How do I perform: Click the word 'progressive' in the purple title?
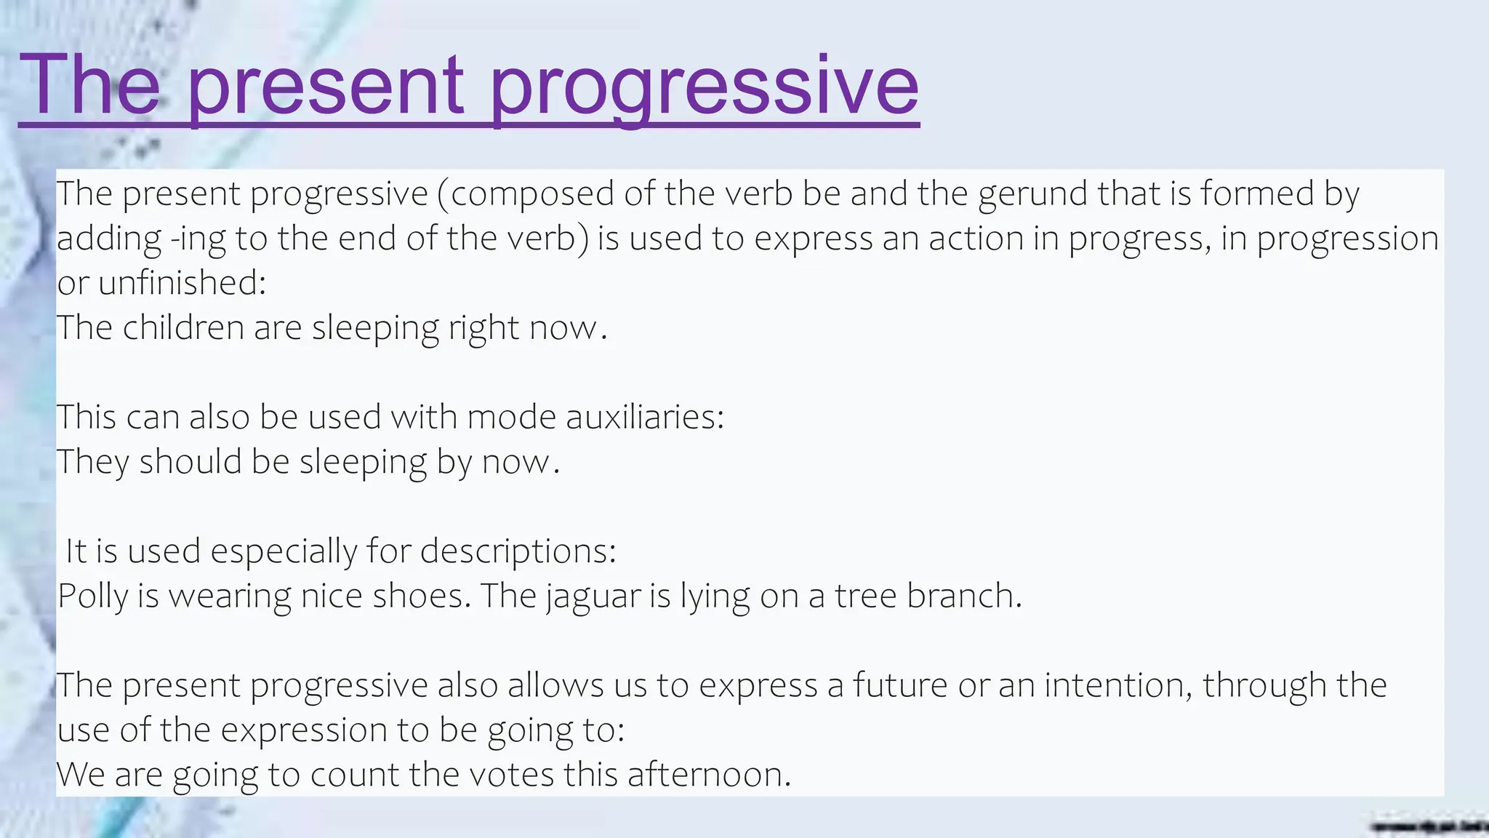point(704,87)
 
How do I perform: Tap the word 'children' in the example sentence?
point(183,328)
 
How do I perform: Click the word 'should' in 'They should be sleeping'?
point(190,462)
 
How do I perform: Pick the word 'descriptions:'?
point(518,551)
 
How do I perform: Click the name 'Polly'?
point(92,596)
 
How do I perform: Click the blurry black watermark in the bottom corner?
point(1428,826)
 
